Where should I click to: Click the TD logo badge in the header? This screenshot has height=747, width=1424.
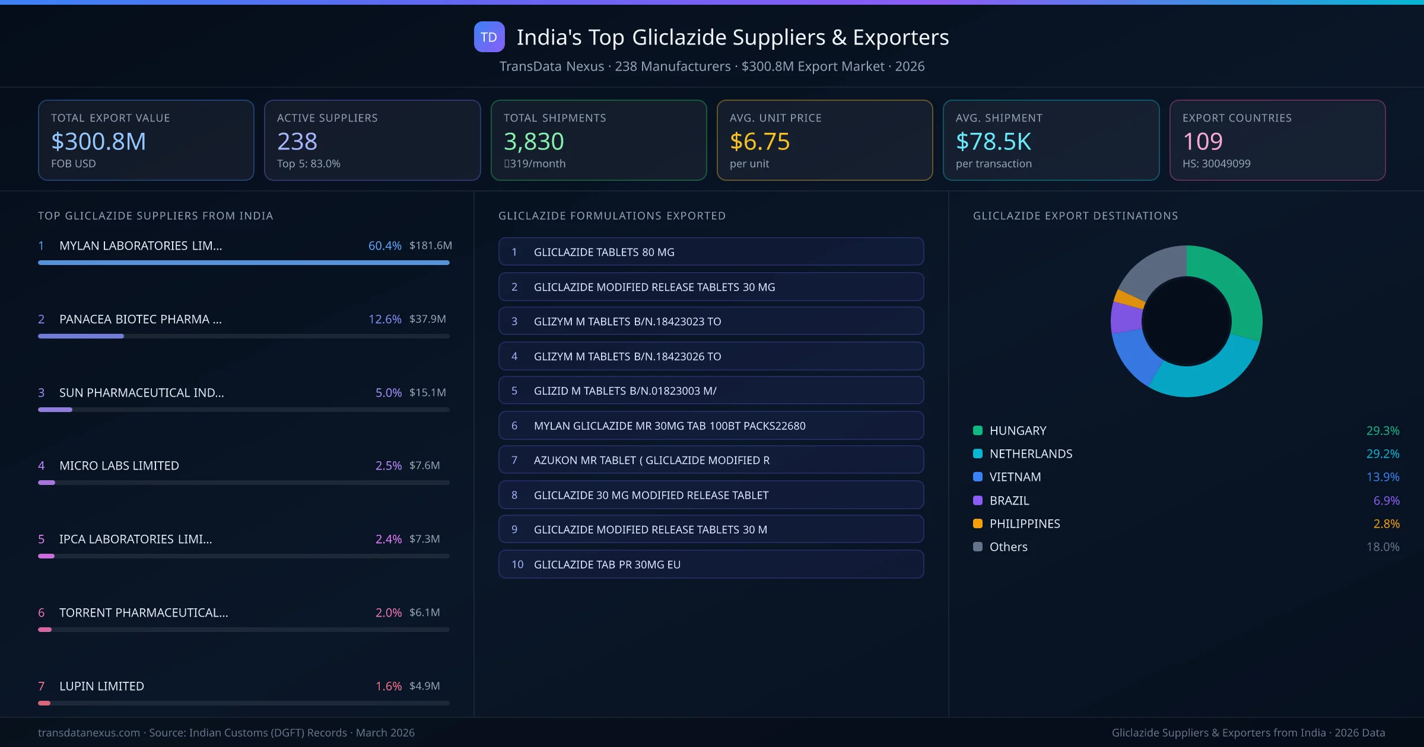[489, 37]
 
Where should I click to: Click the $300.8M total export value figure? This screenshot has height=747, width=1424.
[98, 141]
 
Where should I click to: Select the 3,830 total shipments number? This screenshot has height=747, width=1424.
[533, 141]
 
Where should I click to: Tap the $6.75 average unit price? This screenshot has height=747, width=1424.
[759, 141]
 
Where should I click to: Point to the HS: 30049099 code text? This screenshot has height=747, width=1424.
[1216, 164]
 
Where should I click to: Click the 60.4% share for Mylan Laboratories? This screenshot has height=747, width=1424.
[384, 245]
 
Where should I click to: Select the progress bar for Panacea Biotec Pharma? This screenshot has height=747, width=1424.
[243, 336]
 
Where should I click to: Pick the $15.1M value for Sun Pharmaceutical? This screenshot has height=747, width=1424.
[427, 392]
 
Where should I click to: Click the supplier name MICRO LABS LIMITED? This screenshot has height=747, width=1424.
[119, 466]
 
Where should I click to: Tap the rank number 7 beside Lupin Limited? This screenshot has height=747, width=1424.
[41, 686]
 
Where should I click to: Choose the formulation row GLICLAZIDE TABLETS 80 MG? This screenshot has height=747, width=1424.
[711, 252]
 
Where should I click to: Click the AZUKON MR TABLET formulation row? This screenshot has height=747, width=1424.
[711, 460]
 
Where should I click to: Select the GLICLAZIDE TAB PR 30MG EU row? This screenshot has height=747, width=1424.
[711, 564]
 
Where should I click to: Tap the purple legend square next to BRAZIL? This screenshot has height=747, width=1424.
[978, 500]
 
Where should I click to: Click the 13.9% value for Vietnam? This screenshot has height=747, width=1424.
[1382, 477]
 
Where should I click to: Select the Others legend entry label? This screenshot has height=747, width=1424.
[1008, 547]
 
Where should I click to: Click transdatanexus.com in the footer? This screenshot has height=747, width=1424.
[89, 733]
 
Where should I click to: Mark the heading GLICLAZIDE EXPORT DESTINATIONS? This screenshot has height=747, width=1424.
[1075, 216]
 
